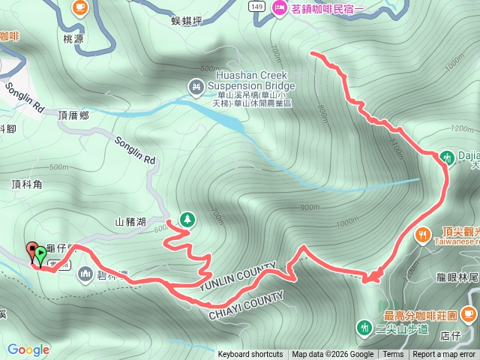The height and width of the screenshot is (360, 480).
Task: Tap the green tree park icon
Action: click(187, 220)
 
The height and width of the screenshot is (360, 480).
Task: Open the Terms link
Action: click(393, 355)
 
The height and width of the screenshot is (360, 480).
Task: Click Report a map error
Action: click(444, 355)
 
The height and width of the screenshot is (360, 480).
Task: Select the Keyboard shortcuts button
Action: click(250, 355)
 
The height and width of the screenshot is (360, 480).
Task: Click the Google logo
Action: click(28, 349)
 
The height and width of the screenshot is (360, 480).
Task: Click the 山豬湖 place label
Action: click(130, 222)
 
